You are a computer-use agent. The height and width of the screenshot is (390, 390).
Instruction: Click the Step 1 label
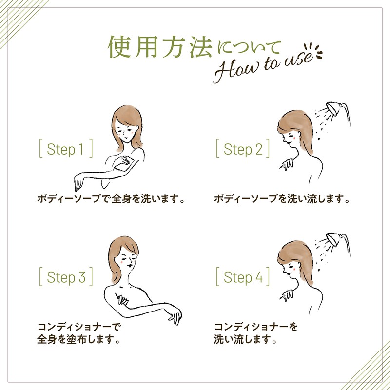pos(66,149)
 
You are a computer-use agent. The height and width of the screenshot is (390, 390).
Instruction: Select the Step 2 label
pos(243,149)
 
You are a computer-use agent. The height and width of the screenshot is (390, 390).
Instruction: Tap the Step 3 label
pos(66,276)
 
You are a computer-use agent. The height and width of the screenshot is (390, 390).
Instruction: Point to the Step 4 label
pos(243,276)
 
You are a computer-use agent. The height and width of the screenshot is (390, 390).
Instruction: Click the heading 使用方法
pos(160,47)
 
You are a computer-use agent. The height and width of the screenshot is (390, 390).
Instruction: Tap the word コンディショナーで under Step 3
pos(79,327)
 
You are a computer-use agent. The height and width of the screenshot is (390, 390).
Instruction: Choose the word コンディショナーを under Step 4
pos(255,327)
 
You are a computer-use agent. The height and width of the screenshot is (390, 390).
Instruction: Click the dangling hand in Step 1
pos(78,183)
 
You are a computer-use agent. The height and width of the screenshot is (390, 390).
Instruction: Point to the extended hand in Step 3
pos(175,316)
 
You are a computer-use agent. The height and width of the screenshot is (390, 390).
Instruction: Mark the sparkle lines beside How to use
pos(314,51)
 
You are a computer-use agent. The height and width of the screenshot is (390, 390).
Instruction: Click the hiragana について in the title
pos(249,47)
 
